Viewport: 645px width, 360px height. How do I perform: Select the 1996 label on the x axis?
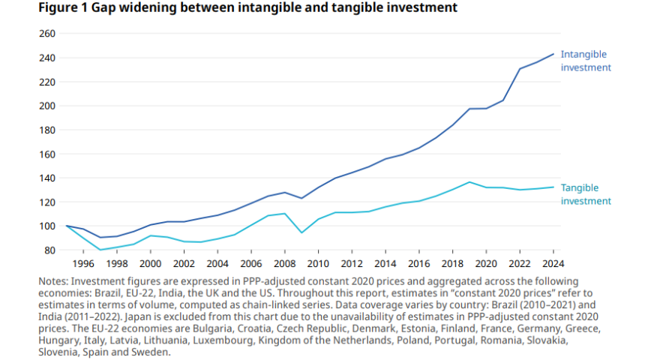(x=84, y=264)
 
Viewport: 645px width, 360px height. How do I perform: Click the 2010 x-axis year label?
(x=318, y=264)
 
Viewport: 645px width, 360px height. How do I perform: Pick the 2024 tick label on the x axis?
(x=553, y=264)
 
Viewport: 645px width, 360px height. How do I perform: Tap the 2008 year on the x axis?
(x=285, y=264)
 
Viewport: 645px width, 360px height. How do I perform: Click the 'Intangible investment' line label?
(x=586, y=61)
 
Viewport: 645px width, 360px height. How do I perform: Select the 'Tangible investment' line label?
(x=586, y=194)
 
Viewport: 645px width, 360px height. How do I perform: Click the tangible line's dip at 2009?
(x=301, y=232)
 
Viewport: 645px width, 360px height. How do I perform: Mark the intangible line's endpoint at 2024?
(x=553, y=54)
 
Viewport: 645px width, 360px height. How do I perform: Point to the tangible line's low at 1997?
(x=100, y=250)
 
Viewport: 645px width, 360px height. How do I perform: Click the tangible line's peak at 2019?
(x=469, y=182)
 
